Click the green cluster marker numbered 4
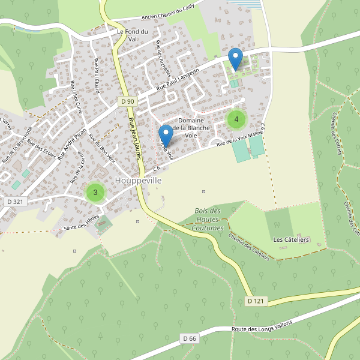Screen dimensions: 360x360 236,119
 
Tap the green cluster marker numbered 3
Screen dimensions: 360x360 95,193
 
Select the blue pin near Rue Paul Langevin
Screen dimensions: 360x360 236,59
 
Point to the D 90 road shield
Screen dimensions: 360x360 127,101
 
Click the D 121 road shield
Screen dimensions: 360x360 255,301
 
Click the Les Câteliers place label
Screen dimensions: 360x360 291,239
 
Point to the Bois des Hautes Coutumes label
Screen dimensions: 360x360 208,220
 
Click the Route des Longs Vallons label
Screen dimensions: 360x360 262,327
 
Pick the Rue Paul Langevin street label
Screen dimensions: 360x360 178,79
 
